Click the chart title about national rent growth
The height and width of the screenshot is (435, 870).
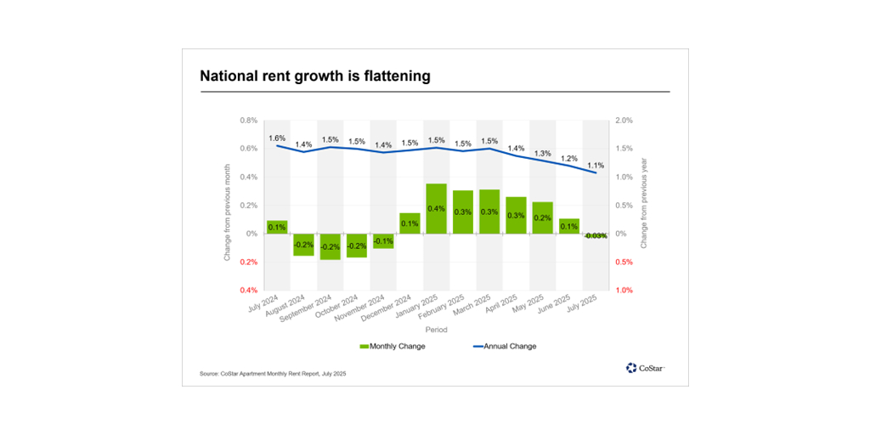(x=315, y=76)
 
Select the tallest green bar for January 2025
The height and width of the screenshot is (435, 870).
(x=437, y=209)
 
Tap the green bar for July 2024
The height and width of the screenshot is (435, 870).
(x=277, y=227)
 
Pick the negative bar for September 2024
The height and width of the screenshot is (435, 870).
(x=330, y=246)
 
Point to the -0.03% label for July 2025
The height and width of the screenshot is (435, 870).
(x=595, y=235)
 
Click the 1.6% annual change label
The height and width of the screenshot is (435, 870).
(x=277, y=138)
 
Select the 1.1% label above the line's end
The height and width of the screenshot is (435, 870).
(x=596, y=166)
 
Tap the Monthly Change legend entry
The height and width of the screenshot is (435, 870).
(x=393, y=346)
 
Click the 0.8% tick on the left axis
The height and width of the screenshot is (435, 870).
(x=248, y=121)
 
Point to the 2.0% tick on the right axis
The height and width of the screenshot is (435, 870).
(x=624, y=121)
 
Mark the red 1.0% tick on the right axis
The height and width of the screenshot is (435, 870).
(x=624, y=291)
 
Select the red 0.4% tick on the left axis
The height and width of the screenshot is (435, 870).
(x=248, y=291)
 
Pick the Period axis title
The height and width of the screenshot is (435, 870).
(x=437, y=330)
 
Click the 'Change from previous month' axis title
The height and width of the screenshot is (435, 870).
(x=227, y=206)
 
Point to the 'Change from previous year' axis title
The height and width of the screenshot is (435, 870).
(x=643, y=206)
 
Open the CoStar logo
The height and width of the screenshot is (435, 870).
(x=645, y=368)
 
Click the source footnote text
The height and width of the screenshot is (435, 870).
(x=273, y=374)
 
